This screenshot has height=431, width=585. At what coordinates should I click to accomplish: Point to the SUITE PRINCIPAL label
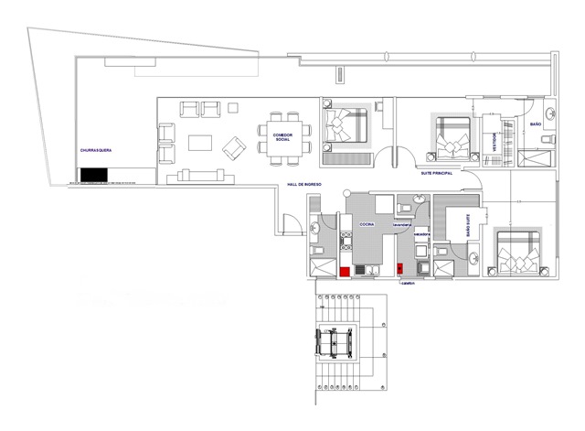(438, 172)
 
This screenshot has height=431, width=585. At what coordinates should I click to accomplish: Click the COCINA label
(367, 223)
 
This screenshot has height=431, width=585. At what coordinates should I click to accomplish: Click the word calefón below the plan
(408, 283)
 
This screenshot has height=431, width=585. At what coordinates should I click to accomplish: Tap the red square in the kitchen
(345, 271)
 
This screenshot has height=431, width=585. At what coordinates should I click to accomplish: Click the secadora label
(421, 234)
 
